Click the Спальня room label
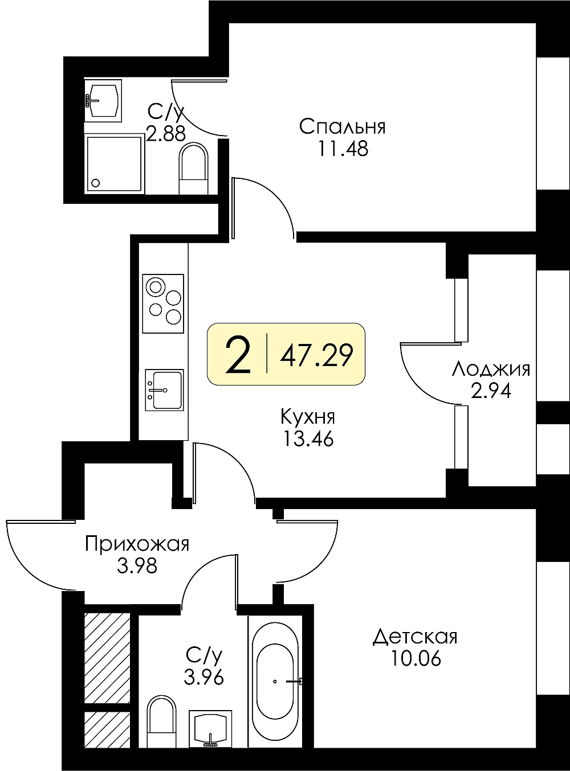pyautogui.click(x=343, y=127)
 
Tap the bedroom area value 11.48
pyautogui.click(x=343, y=149)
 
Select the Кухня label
pyautogui.click(x=308, y=418)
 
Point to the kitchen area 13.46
pyautogui.click(x=308, y=438)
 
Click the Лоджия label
pyautogui.click(x=491, y=370)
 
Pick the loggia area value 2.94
pyautogui.click(x=491, y=391)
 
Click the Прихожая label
pyautogui.click(x=137, y=544)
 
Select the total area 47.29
pyautogui.click(x=317, y=354)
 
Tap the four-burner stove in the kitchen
pyautogui.click(x=163, y=304)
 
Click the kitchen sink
pyautogui.click(x=164, y=390)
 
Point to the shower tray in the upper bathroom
pyautogui.click(x=115, y=163)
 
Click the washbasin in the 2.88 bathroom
pyautogui.click(x=103, y=100)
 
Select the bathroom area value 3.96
pyautogui.click(x=203, y=678)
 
